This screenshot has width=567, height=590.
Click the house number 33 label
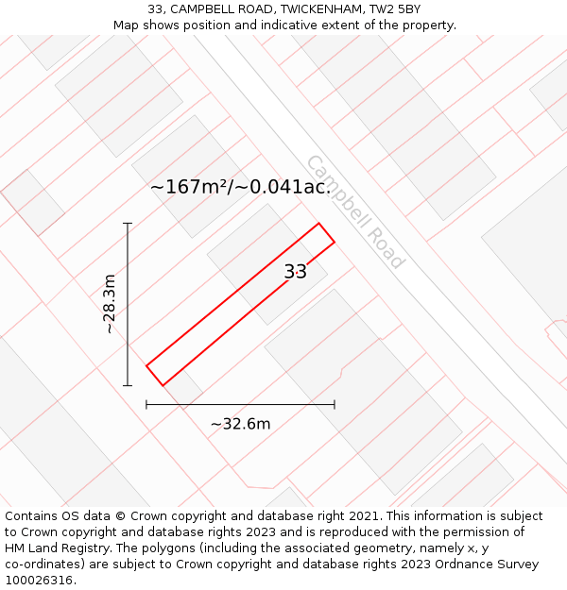click(296, 271)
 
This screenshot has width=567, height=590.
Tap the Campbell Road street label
click(356, 211)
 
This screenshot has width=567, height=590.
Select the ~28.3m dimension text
click(109, 304)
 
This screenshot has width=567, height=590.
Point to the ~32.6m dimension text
click(240, 424)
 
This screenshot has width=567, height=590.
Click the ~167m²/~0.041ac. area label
click(240, 187)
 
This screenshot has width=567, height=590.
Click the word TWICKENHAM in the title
click(320, 8)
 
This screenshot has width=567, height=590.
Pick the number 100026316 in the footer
click(41, 580)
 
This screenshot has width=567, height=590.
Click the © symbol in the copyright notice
click(120, 515)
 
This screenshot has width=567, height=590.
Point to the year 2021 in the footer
click(364, 515)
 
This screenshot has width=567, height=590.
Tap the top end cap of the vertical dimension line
click(128, 223)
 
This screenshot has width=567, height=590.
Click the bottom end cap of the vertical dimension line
click(128, 385)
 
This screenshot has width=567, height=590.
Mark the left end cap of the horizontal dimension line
click(146, 405)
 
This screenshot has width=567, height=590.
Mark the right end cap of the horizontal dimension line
click(335, 405)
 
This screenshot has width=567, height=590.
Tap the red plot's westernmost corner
click(146, 365)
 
